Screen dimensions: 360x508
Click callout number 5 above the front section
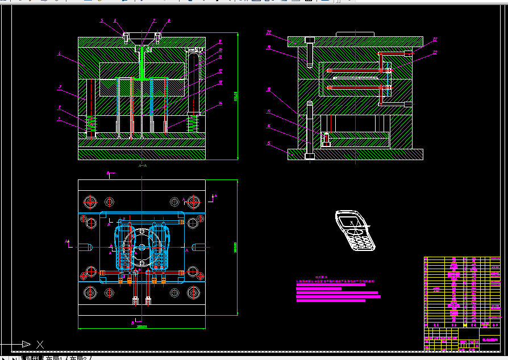click(102, 20)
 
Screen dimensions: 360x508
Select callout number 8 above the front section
click(169, 20)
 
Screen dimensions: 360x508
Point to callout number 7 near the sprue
click(153, 20)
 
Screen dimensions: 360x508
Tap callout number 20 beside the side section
click(269, 32)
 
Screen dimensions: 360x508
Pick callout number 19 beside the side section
click(269, 48)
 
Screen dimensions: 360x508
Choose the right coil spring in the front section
click(194, 123)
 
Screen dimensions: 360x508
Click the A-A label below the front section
click(143, 165)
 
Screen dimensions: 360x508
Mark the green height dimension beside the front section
click(236, 97)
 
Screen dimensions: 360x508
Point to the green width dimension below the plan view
click(141, 326)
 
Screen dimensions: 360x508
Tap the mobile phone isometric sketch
click(355, 230)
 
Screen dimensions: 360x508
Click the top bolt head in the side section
click(310, 40)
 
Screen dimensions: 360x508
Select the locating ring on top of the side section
click(355, 35)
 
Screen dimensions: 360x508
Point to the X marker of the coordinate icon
click(40, 344)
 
